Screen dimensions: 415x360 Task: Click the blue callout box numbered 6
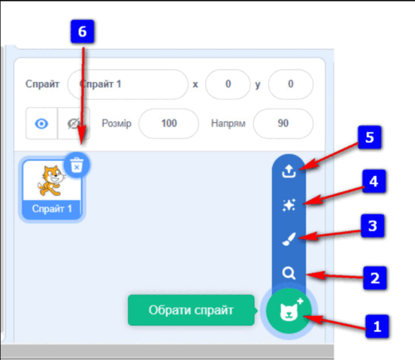click(82, 32)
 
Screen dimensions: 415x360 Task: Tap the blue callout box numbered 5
click(369, 138)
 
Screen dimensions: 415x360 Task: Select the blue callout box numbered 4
click(374, 181)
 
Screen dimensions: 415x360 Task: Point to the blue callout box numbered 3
click(373, 226)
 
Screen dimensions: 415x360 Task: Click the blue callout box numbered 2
click(375, 278)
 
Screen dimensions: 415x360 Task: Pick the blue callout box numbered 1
click(377, 326)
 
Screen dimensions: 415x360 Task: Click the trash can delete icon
click(76, 165)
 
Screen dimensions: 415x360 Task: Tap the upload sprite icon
click(289, 171)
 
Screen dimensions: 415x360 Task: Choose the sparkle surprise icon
click(289, 205)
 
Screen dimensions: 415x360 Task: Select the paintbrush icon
click(289, 239)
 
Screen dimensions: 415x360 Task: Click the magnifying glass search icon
click(289, 273)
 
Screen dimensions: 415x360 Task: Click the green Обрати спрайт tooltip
click(191, 310)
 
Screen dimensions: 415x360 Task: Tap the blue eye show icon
click(41, 124)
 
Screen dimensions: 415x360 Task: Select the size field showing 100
click(168, 124)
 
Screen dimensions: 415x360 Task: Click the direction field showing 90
click(283, 124)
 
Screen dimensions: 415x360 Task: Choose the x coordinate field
click(227, 84)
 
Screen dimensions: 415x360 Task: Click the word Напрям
click(228, 124)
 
